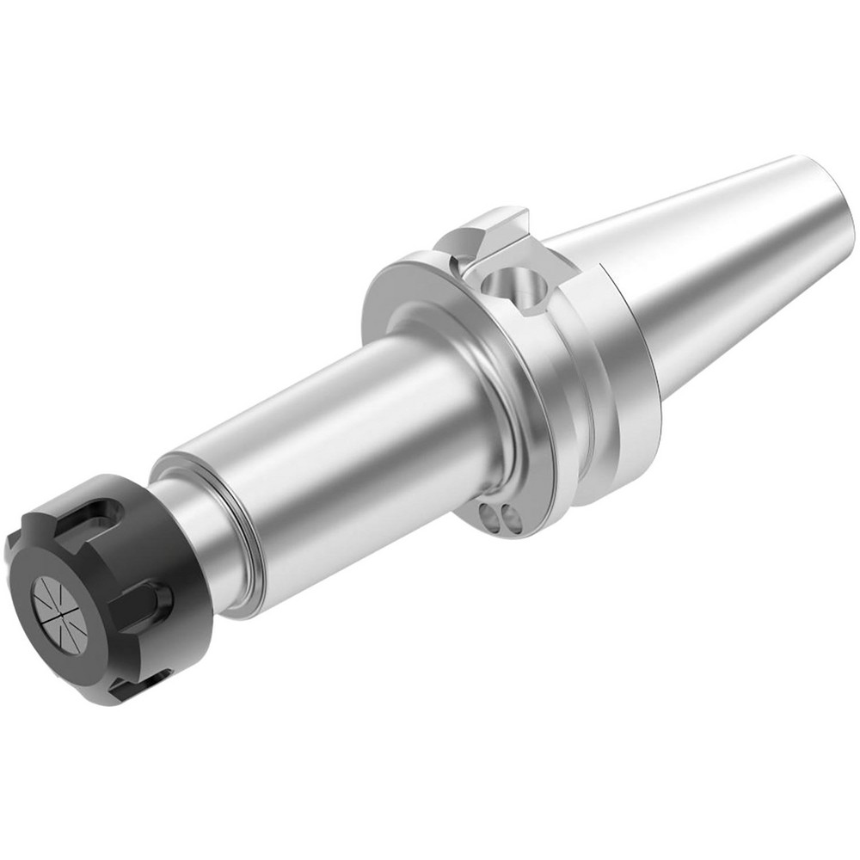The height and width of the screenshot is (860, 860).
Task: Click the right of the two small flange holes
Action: point(509,519)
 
